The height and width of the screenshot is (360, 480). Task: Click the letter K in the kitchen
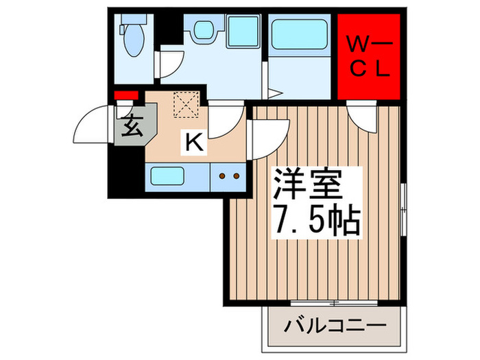(194, 143)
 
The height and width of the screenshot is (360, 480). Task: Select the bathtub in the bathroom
(300, 35)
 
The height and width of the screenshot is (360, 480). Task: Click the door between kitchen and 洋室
(269, 133)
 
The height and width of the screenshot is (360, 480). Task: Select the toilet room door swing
(167, 65)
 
